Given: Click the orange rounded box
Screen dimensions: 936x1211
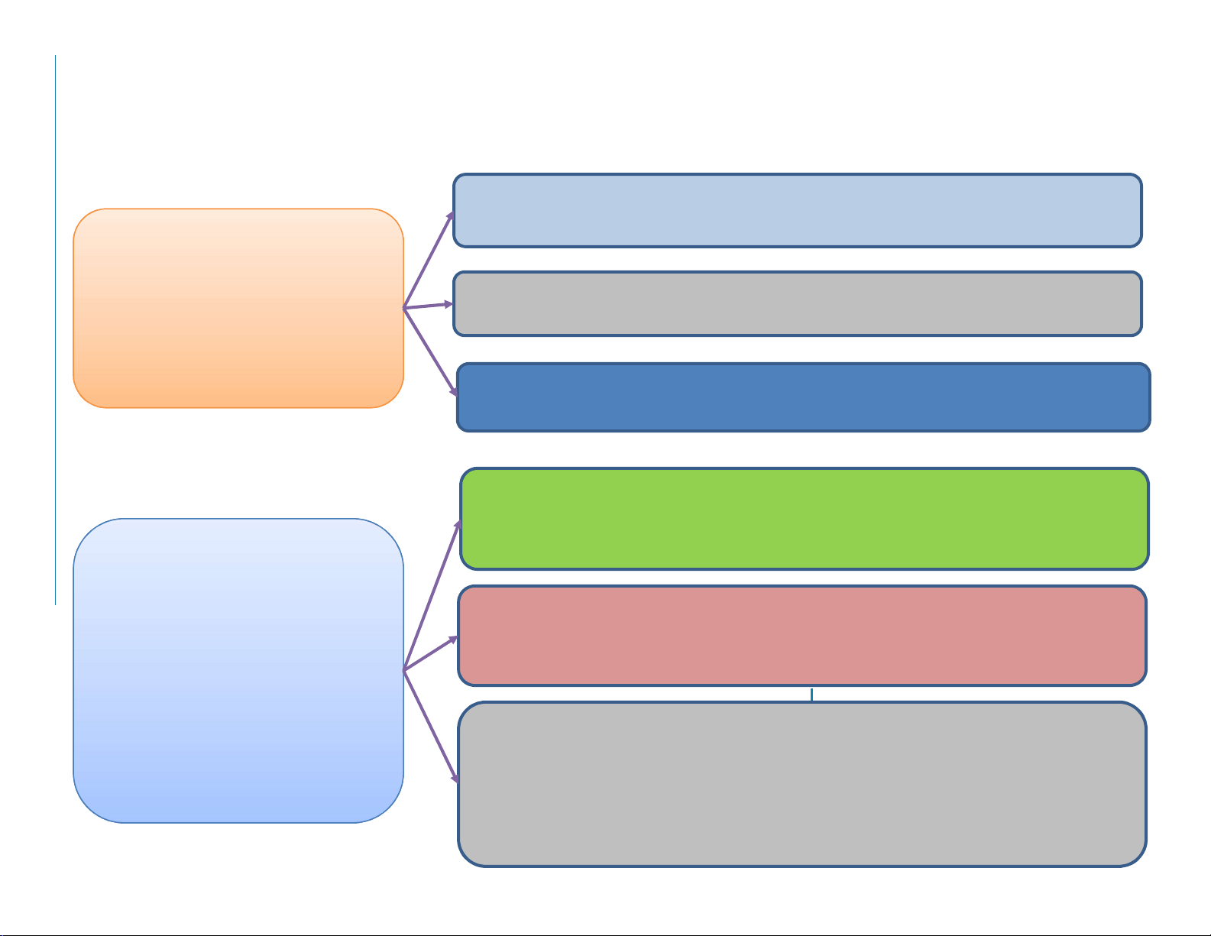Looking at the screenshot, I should pyautogui.click(x=238, y=308).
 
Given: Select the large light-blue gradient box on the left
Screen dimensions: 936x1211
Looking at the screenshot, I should pyautogui.click(x=238, y=670).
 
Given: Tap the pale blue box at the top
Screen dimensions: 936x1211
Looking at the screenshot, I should pyautogui.click(x=797, y=210).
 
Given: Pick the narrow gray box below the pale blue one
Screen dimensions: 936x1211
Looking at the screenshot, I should pyautogui.click(x=797, y=303).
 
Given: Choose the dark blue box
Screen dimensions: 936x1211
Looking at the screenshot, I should pyautogui.click(x=803, y=397).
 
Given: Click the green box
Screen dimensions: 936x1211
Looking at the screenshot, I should pyautogui.click(x=804, y=519).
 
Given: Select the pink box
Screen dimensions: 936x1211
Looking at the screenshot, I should pyautogui.click(x=801, y=636).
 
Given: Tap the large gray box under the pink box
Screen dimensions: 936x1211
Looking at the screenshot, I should pyautogui.click(x=801, y=784).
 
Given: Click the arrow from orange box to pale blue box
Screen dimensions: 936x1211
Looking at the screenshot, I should pyautogui.click(x=429, y=261).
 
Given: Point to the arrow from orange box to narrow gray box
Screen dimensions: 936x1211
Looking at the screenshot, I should pyautogui.click(x=428, y=306).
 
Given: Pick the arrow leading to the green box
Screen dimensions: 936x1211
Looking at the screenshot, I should pyautogui.click(x=432, y=597).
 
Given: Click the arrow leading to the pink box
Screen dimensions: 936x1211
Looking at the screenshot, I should pyautogui.click(x=430, y=654).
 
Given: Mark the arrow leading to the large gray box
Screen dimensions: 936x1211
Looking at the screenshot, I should pyautogui.click(x=430, y=726).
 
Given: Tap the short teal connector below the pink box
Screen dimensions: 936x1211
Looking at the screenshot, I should pyautogui.click(x=811, y=694).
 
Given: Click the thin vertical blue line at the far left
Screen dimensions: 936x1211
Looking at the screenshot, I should pyautogui.click(x=56, y=329).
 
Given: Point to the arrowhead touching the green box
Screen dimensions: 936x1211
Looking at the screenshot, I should pyautogui.click(x=458, y=526).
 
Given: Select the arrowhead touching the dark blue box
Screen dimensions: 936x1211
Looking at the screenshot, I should pyautogui.click(x=455, y=391).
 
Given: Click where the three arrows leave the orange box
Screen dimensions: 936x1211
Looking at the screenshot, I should pyautogui.click(x=404, y=308).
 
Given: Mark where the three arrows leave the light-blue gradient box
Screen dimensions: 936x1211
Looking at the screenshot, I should pyautogui.click(x=404, y=670).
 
